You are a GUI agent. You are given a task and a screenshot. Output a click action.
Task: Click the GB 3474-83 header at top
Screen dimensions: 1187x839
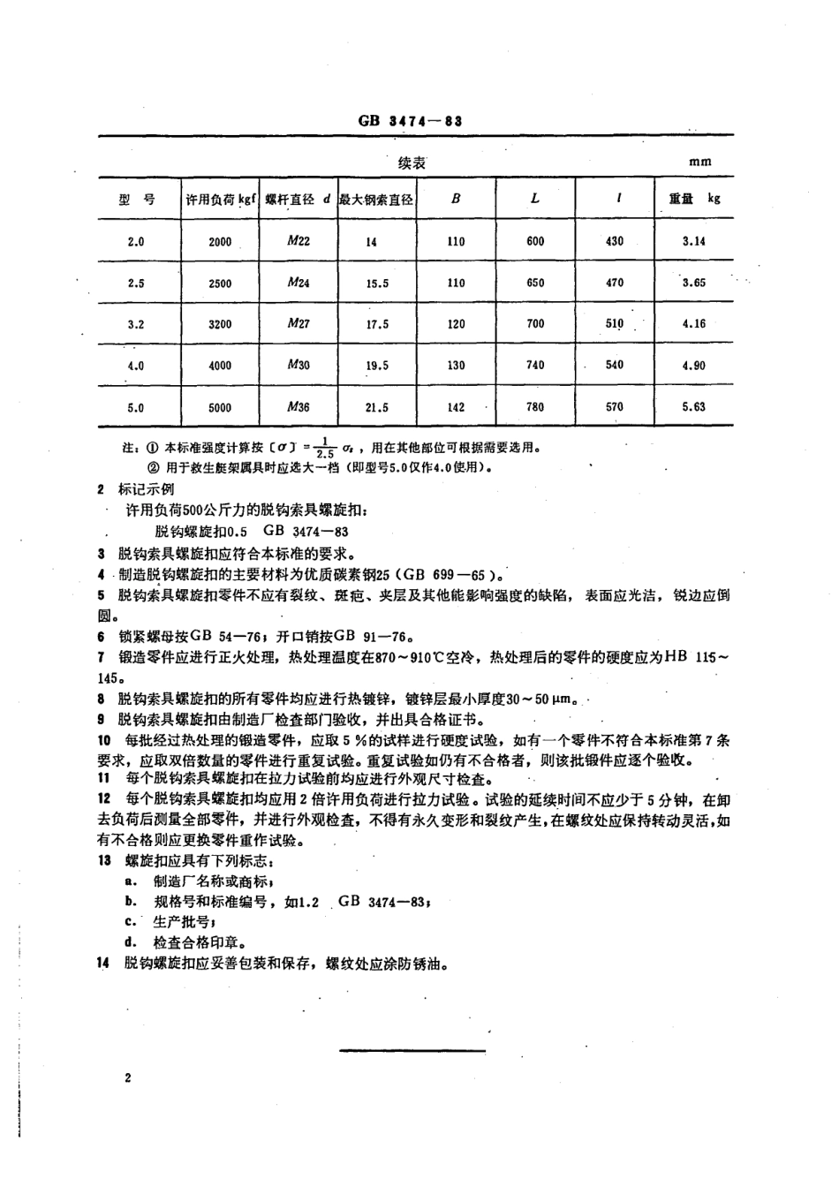click(411, 122)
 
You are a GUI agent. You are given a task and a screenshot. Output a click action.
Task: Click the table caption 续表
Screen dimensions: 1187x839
click(412, 163)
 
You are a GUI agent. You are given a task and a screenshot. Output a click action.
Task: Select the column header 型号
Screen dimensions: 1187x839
click(136, 200)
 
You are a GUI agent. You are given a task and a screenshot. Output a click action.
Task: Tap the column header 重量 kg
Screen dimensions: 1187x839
click(693, 199)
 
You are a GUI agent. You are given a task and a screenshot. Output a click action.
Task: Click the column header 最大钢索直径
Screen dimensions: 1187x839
click(377, 200)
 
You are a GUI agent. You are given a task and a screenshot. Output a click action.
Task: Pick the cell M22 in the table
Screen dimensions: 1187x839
click(299, 241)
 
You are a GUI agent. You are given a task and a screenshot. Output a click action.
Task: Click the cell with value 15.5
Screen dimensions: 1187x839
click(377, 284)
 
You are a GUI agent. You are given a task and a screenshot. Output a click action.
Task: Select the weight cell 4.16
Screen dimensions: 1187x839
click(694, 324)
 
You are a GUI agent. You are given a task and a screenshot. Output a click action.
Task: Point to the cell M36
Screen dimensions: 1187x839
click(299, 407)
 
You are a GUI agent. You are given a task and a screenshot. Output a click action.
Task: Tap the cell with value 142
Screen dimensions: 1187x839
click(456, 407)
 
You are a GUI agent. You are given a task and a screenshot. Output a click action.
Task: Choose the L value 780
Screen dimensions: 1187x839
click(535, 407)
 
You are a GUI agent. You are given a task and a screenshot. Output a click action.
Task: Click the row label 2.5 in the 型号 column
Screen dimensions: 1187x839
click(136, 284)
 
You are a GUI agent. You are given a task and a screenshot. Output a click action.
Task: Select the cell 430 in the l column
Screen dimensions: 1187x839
click(615, 241)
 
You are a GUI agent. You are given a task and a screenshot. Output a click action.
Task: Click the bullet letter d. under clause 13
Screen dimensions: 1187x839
click(130, 942)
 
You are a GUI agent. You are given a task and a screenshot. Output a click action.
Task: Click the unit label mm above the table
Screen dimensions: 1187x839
click(700, 163)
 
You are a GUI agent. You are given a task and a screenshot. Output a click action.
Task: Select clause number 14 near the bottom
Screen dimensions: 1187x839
click(104, 964)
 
